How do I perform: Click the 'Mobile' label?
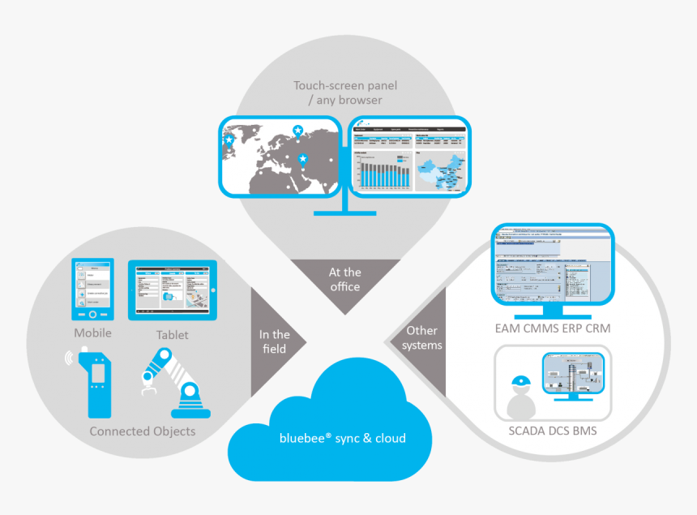click(92, 333)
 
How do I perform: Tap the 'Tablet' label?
click(172, 335)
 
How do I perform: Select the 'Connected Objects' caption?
click(143, 431)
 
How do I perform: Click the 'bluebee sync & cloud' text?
click(342, 438)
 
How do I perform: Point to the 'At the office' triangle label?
click(345, 280)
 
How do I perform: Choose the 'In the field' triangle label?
click(274, 341)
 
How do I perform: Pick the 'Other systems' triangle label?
click(423, 338)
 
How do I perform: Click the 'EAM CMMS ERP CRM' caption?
click(554, 329)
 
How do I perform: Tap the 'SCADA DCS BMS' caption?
click(553, 431)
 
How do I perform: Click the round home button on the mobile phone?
click(92, 314)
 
